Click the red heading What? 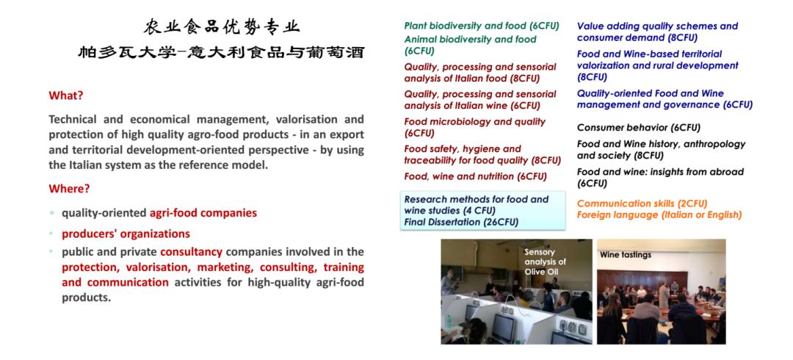point(66,96)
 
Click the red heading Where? point(69,189)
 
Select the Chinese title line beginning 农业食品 point(222,27)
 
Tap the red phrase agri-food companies point(203,213)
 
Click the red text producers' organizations point(126,234)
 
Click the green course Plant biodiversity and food point(482,26)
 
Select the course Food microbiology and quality point(474,127)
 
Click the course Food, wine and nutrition point(475,176)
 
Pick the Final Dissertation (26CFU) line point(461,222)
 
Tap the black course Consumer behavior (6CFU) point(639,128)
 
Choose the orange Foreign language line point(659,215)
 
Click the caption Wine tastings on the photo point(626,255)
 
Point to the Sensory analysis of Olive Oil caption point(545,262)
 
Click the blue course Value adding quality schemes point(657,32)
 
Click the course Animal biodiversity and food point(471,45)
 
